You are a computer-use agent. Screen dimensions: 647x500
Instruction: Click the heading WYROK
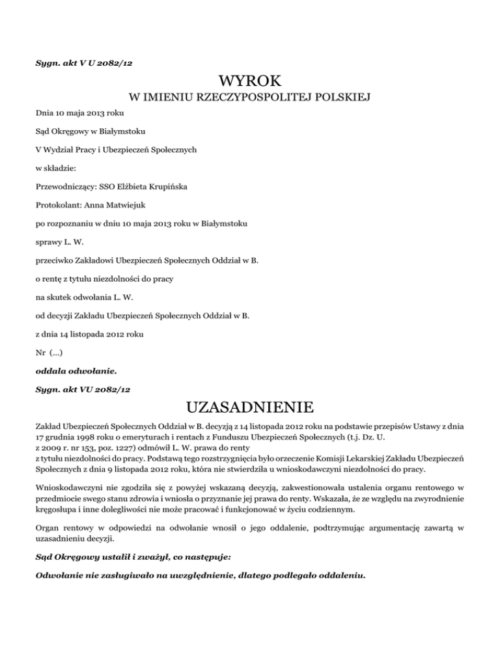point(250,82)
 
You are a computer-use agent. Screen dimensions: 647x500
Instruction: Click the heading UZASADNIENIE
point(250,408)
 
